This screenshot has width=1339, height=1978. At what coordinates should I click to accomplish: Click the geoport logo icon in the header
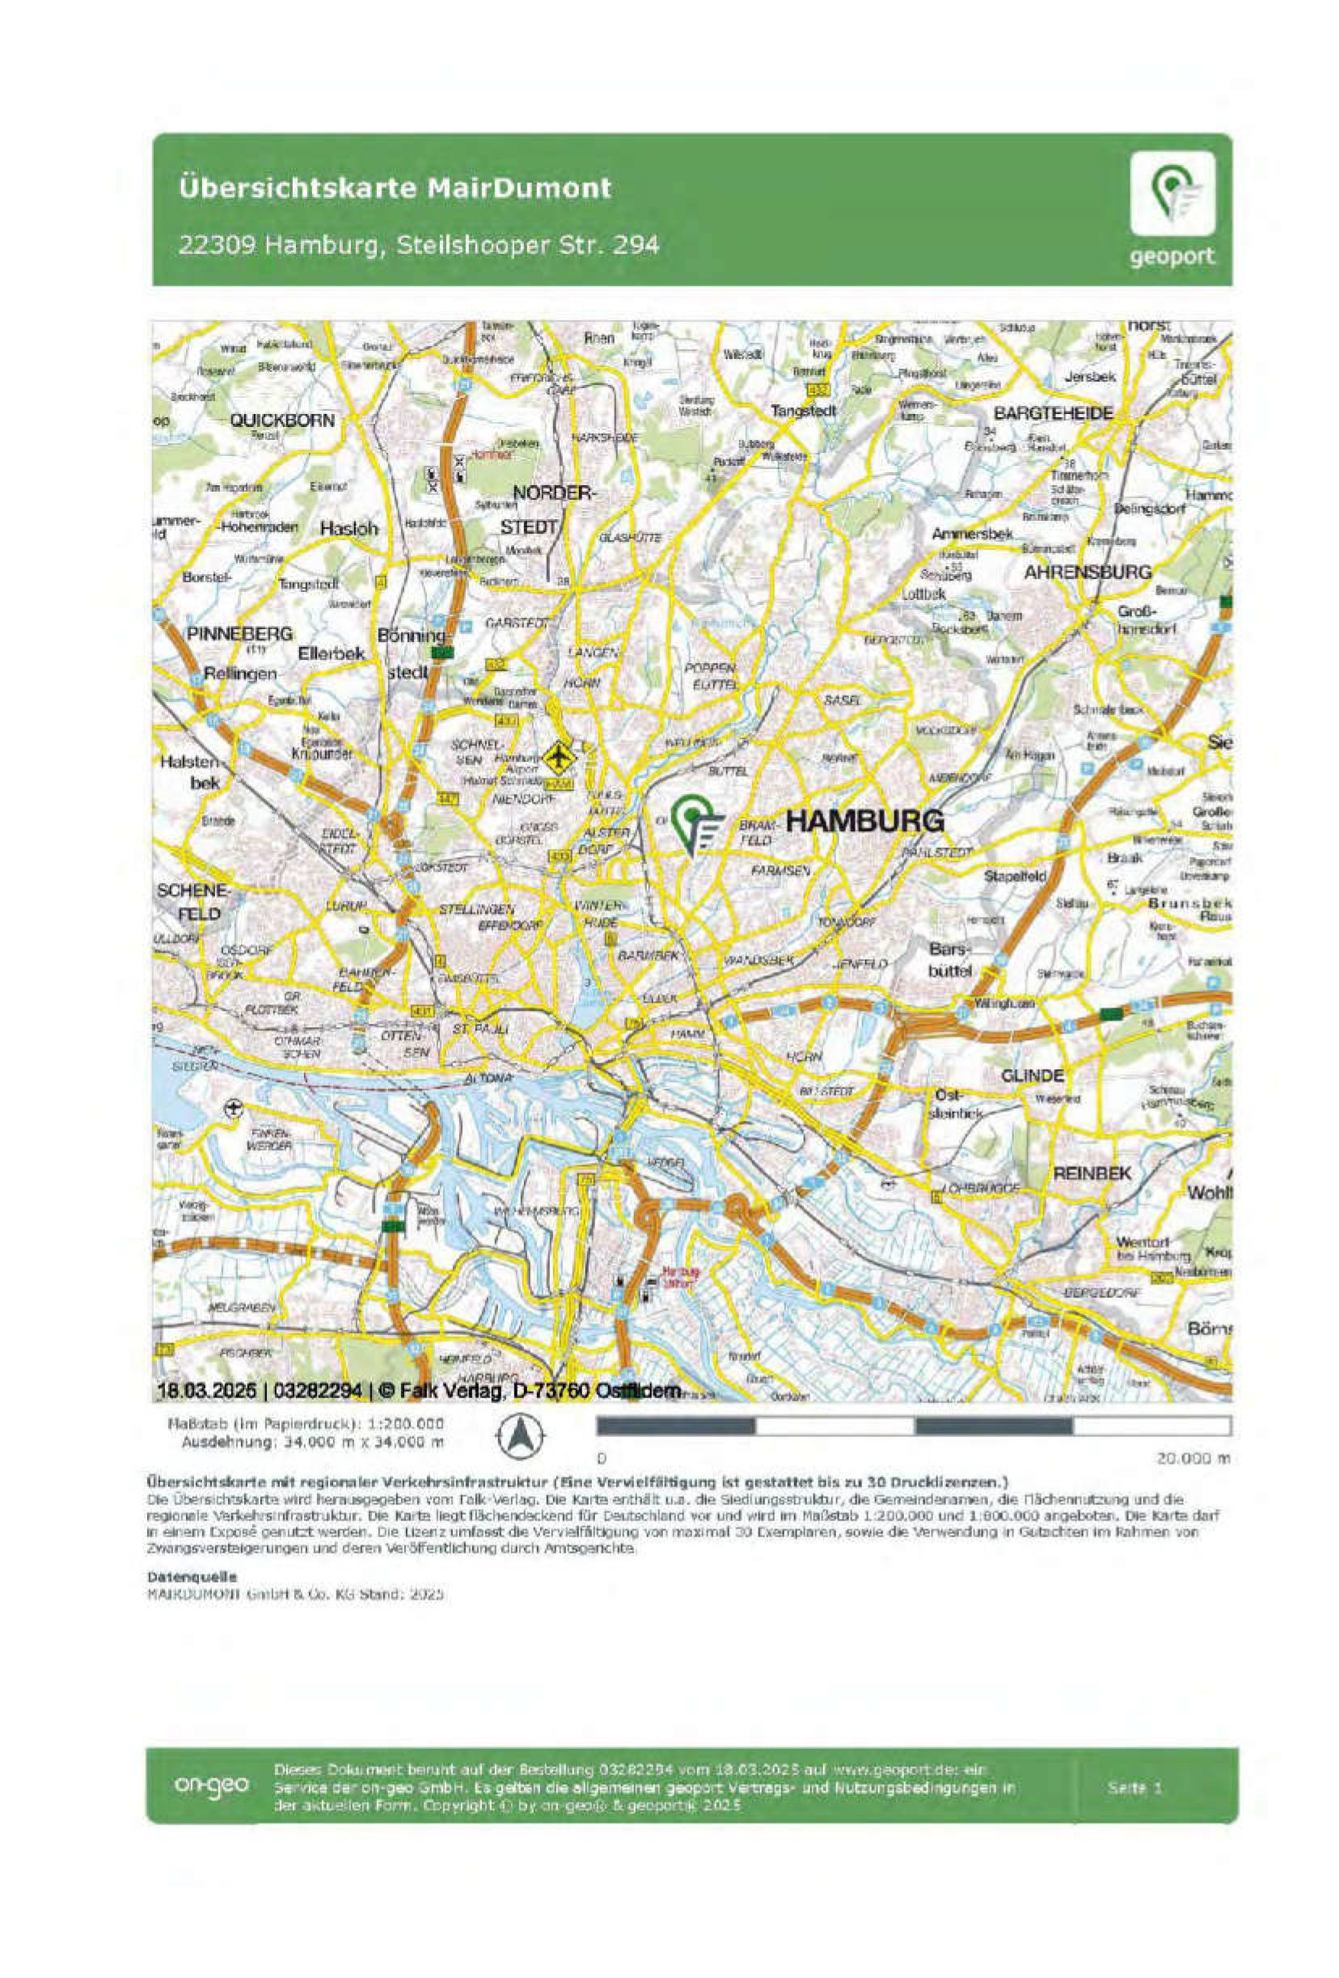pos(1172,193)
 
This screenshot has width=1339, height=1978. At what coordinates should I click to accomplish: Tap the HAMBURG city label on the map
pos(864,821)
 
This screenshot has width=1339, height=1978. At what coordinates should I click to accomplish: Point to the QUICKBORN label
pos(281,421)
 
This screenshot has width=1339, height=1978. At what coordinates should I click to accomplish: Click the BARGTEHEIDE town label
pos(1054,414)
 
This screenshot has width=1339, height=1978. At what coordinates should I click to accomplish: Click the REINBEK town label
pos(1092,1173)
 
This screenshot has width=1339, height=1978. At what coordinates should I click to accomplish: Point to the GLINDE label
pos(1032,1076)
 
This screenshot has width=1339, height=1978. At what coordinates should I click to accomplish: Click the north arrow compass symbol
pos(520,1438)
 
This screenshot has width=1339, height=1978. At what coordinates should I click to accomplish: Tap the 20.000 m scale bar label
pos(1193,1458)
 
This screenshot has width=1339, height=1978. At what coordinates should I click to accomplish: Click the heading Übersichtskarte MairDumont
pos(395,188)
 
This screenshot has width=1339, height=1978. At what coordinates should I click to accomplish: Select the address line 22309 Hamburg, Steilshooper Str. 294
pos(419,245)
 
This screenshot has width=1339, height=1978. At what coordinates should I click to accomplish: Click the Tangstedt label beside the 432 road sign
pos(803,410)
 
